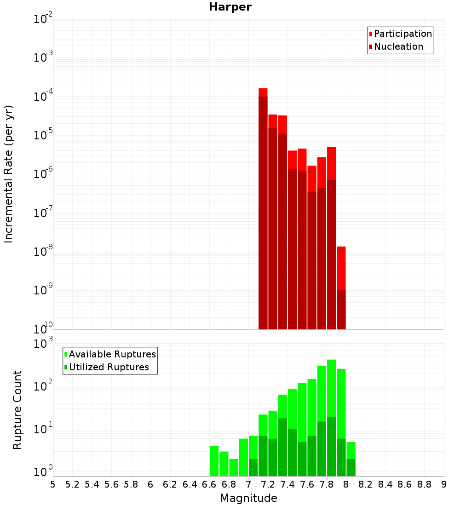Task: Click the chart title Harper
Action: (x=230, y=7)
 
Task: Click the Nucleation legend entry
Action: (x=398, y=47)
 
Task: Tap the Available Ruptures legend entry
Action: (x=112, y=355)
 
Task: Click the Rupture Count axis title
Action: (x=17, y=409)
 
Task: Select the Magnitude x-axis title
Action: (x=248, y=498)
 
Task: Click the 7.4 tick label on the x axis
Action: (x=287, y=484)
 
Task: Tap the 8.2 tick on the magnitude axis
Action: (x=366, y=484)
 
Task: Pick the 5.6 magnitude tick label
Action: (x=111, y=484)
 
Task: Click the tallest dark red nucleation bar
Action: (x=263, y=212)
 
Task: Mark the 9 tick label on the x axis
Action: (x=444, y=484)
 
